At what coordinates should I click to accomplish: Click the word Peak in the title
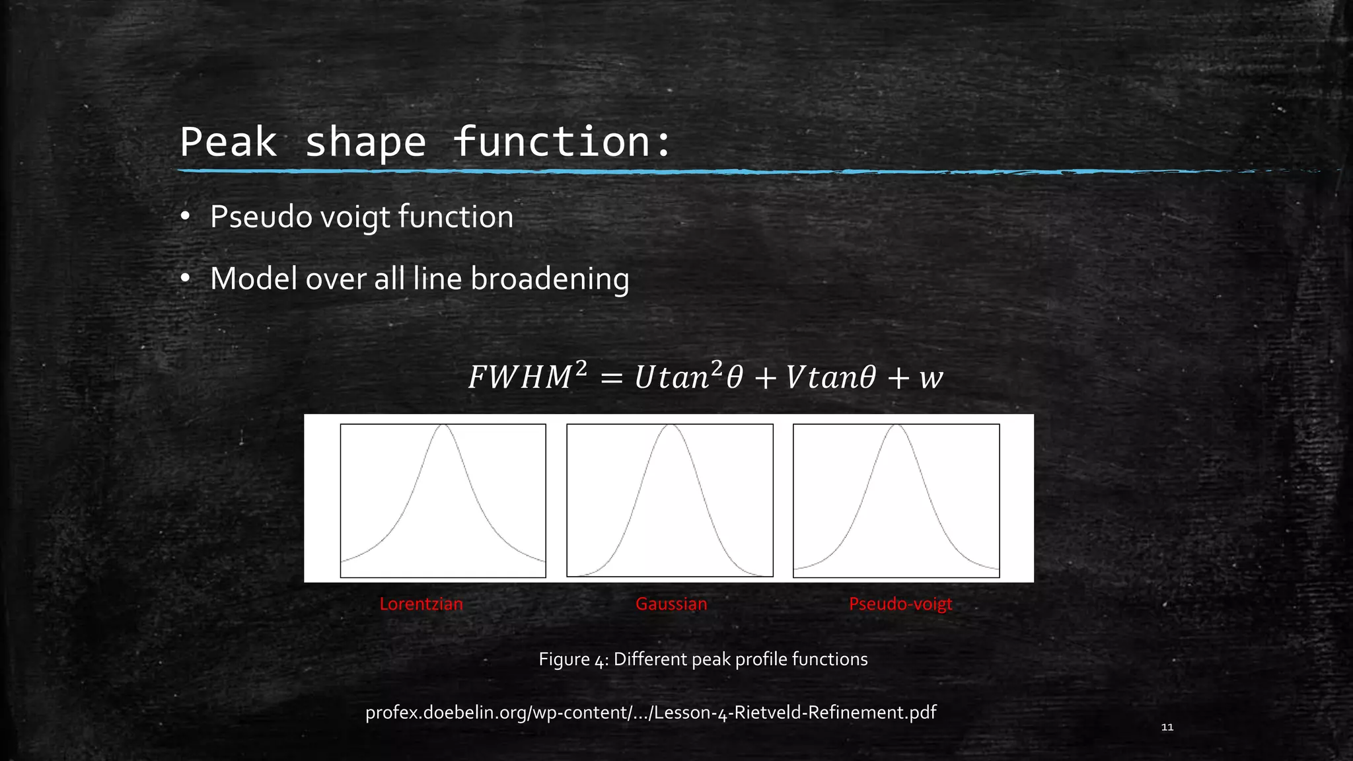tap(229, 141)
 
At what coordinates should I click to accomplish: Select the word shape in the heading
tap(365, 143)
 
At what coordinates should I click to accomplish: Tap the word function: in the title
tap(562, 141)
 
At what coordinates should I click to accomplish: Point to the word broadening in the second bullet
tap(550, 279)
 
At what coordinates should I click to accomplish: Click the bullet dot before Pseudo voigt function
tap(186, 217)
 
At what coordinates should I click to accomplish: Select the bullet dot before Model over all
tap(186, 279)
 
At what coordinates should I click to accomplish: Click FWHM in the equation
tap(520, 378)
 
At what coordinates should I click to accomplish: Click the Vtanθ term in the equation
tap(830, 378)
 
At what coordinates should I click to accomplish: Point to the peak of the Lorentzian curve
tap(444, 426)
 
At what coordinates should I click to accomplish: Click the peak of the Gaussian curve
tap(670, 426)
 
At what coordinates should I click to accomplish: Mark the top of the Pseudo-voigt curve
tap(897, 426)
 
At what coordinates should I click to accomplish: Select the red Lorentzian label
tap(421, 604)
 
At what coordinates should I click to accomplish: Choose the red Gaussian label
tap(671, 604)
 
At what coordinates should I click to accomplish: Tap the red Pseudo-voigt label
tap(900, 604)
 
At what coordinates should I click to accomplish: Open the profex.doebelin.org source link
tap(651, 712)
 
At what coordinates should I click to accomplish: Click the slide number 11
tap(1167, 727)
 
